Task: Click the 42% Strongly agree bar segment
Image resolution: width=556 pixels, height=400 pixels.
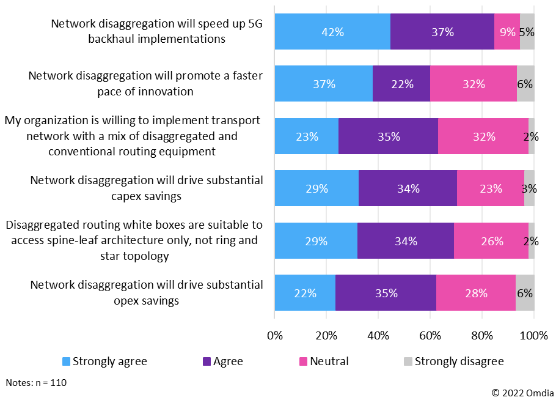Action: tap(332, 32)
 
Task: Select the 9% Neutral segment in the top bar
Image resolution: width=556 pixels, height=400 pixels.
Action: tap(507, 32)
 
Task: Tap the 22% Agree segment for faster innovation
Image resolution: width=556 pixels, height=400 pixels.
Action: tap(401, 84)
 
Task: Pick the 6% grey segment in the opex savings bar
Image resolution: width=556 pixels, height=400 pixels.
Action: tap(525, 293)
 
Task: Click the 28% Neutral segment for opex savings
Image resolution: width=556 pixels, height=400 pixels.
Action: tap(475, 293)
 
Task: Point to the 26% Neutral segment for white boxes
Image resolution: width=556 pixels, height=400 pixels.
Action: tap(491, 241)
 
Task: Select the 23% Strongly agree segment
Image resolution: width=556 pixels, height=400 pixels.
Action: tap(306, 136)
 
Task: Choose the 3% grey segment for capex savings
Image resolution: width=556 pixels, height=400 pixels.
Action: tap(529, 188)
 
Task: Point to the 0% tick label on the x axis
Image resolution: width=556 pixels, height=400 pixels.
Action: tap(275, 335)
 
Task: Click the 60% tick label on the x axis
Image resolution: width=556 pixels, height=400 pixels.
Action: tap(430, 335)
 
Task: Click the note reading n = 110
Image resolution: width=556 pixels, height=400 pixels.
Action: tap(36, 383)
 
